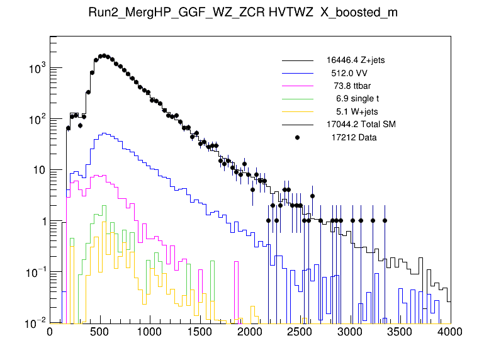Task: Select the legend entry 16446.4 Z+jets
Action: click(x=356, y=60)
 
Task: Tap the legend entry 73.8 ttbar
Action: click(x=354, y=86)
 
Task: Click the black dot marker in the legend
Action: click(x=297, y=137)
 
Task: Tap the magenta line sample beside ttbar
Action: click(x=297, y=86)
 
